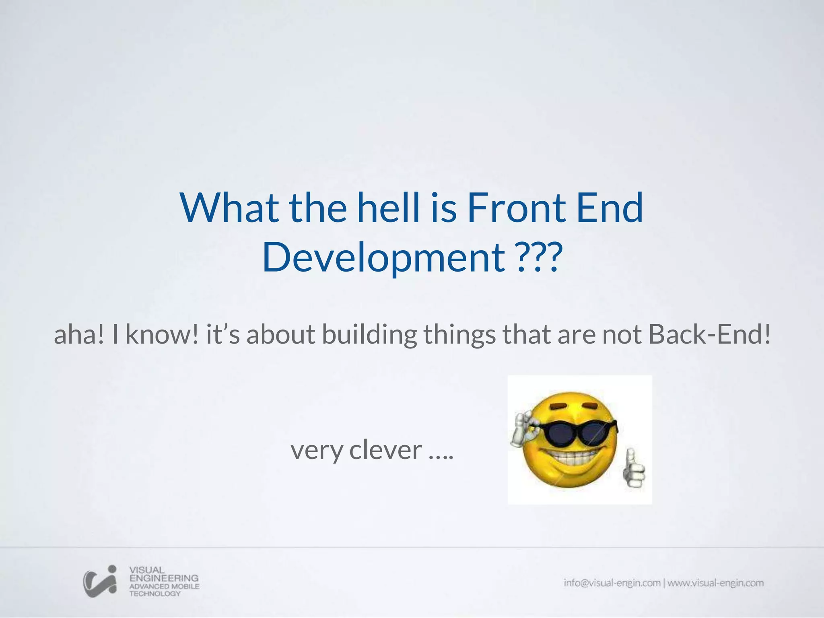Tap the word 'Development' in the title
pyautogui.click(x=383, y=258)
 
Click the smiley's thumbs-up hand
pyautogui.click(x=634, y=471)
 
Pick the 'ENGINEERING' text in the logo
pyautogui.click(x=164, y=578)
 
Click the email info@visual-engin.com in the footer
pyautogui.click(x=612, y=583)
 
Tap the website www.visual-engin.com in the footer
pyautogui.click(x=715, y=583)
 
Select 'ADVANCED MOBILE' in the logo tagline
pyautogui.click(x=164, y=586)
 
